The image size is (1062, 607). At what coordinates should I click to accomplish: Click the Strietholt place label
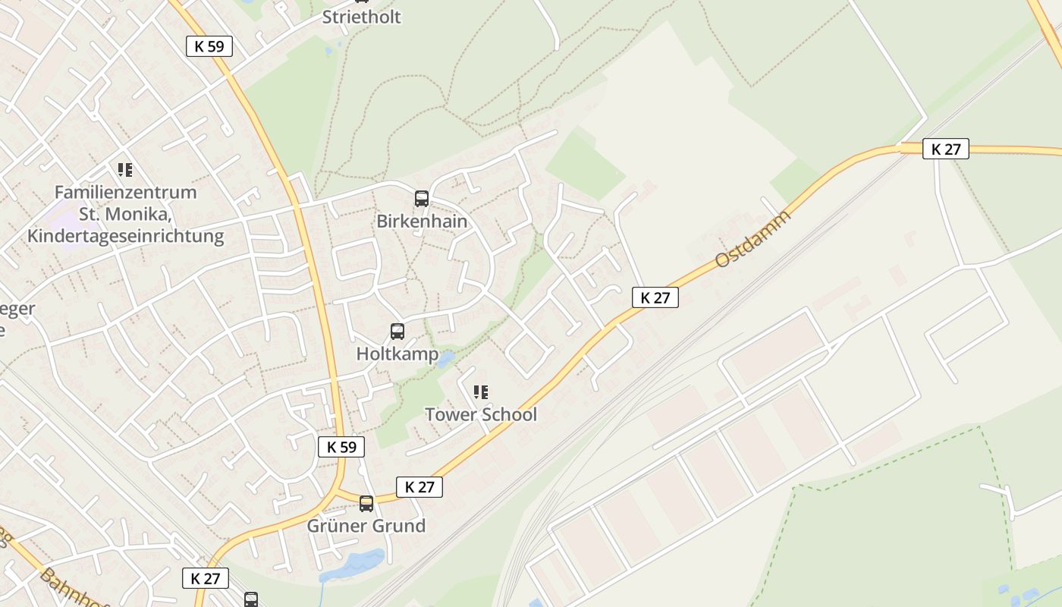361,17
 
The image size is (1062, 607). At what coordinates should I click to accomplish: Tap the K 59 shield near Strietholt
209,46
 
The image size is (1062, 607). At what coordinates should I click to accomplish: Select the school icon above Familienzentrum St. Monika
125,170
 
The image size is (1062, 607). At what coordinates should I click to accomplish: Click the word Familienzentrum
125,193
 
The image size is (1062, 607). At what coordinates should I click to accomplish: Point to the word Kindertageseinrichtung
125,236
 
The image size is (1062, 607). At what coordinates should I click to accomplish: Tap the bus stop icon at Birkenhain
422,199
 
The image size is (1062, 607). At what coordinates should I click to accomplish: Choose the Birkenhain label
422,222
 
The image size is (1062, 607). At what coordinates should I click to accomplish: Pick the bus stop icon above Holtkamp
397,332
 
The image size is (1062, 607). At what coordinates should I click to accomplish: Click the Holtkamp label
397,354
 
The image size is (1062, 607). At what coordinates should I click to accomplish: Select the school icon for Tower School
480,392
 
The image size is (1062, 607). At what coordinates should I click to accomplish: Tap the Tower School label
480,414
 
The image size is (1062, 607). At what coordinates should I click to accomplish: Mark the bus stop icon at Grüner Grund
366,503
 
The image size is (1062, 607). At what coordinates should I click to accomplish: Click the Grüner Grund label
366,526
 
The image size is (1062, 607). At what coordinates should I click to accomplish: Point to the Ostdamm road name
753,238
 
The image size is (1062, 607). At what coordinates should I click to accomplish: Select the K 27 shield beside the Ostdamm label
655,297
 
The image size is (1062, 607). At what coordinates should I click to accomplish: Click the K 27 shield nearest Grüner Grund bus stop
419,487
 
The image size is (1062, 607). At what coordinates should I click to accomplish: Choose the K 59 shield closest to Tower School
341,447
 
